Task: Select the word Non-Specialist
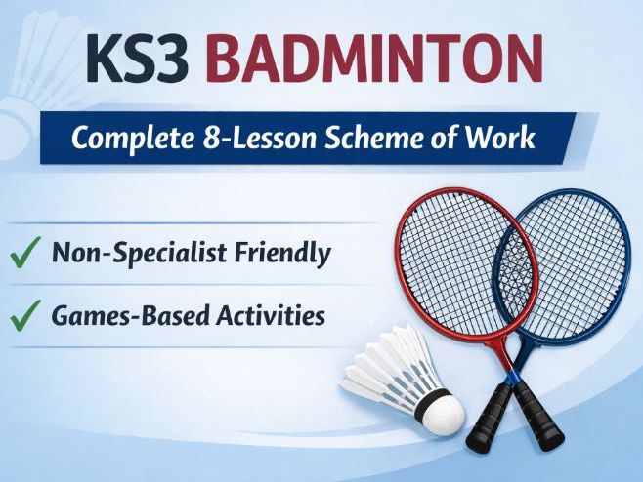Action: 134,255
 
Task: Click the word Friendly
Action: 282,255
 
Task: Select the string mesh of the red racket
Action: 445,259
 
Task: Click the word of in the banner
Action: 457,138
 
